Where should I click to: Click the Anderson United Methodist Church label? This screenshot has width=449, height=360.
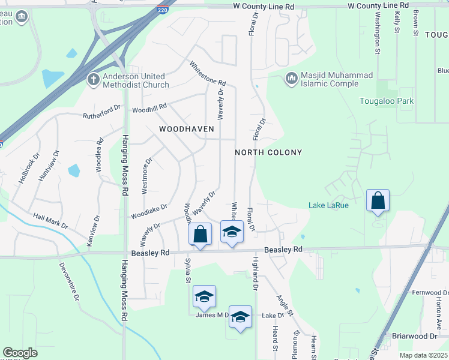point(136,80)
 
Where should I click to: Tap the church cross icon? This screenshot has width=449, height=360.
point(93,79)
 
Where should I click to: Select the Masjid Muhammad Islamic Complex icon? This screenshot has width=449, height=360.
point(291,79)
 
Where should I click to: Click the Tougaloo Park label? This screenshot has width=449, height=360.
point(387,101)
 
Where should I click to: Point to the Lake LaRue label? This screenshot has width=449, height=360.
point(328,205)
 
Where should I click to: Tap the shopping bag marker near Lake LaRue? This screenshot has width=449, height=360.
point(378,201)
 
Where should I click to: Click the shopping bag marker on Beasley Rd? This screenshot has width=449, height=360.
point(200,234)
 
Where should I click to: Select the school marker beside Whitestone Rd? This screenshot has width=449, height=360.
point(231,232)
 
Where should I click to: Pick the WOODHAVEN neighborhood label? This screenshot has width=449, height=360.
point(179,129)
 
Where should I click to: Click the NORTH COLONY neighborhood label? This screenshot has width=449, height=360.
point(268,152)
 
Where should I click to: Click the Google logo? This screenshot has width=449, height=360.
point(20,353)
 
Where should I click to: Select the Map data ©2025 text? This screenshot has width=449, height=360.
point(423,355)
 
